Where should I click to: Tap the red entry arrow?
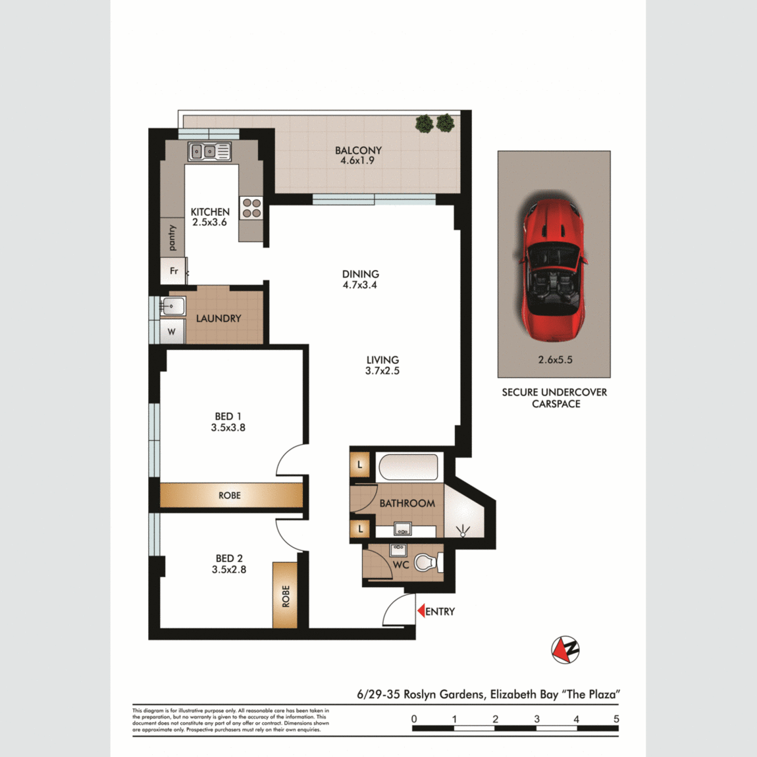tap(421, 611)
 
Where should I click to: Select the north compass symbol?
tap(565, 649)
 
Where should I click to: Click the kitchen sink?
tap(209, 151)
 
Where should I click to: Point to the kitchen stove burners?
tap(251, 208)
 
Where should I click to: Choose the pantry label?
tap(172, 238)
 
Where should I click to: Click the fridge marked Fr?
tap(173, 271)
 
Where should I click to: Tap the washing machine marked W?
tap(172, 332)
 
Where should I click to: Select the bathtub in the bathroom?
tap(408, 467)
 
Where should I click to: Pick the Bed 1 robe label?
tap(230, 495)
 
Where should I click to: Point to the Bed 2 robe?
tap(285, 595)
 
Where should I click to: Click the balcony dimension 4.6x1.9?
tap(357, 161)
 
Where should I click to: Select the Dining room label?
tap(361, 274)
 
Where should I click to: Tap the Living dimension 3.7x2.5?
tap(382, 371)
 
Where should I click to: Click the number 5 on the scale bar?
tap(616, 719)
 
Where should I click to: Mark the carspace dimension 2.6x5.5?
tap(555, 359)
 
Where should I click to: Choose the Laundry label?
tap(219, 319)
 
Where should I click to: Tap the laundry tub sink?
tap(172, 306)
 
